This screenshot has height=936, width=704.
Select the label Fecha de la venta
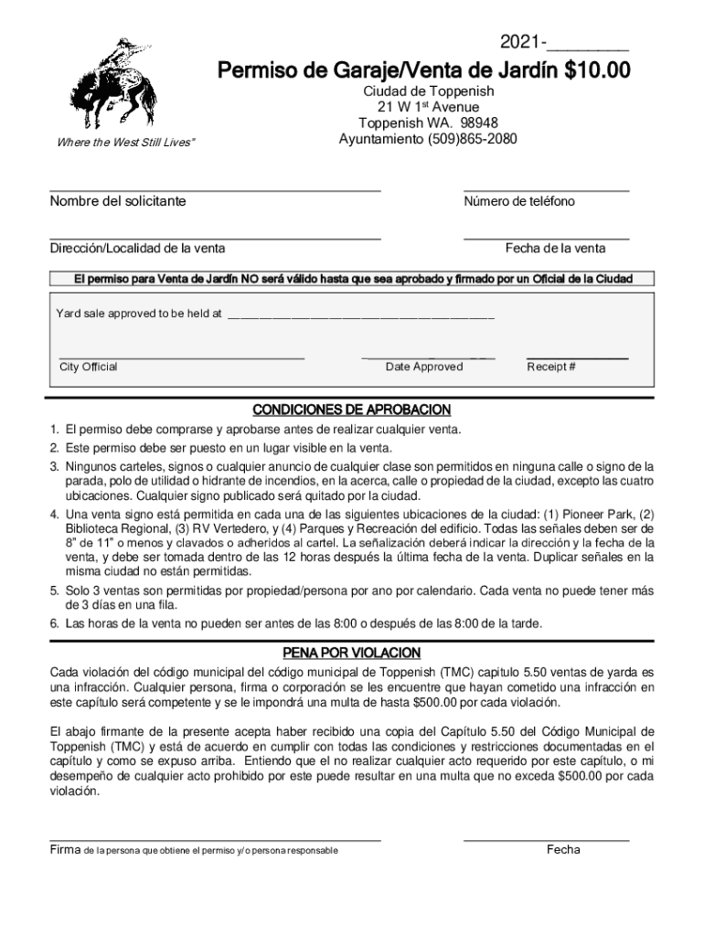pyautogui.click(x=568, y=249)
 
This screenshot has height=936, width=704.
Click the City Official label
pyautogui.click(x=89, y=367)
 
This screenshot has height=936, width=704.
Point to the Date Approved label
pyautogui.click(x=424, y=367)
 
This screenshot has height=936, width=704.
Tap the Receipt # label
pyautogui.click(x=551, y=367)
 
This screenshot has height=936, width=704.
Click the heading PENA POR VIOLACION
pyautogui.click(x=351, y=653)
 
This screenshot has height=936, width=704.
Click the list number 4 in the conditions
pyautogui.click(x=55, y=513)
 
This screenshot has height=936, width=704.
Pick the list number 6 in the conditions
pyautogui.click(x=55, y=624)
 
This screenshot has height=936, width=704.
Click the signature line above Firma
pyautogui.click(x=215, y=839)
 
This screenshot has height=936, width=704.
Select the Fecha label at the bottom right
pyautogui.click(x=563, y=850)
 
